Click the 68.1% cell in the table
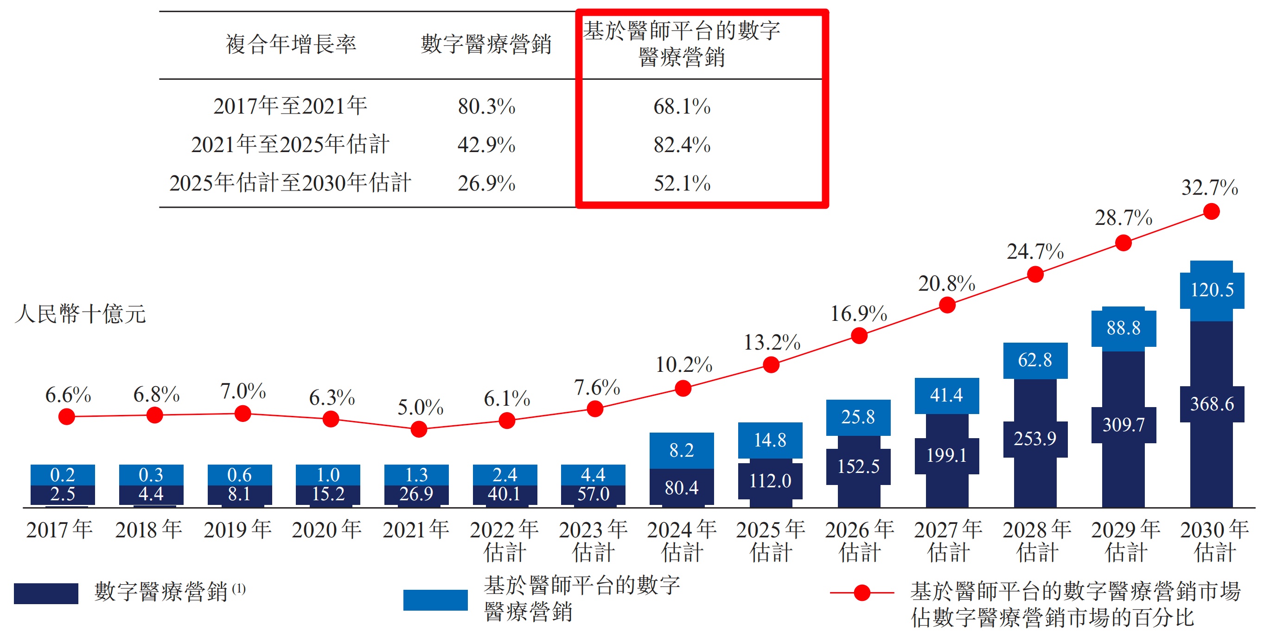coord(682,107)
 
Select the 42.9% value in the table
coord(486,145)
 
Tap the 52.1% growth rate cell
coord(682,184)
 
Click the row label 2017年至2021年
coord(290,106)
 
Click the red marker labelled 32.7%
coord(1212,212)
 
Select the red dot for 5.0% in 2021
coord(419,429)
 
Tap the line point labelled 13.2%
coord(771,364)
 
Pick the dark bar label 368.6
coord(1212,404)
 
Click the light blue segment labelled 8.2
coord(682,450)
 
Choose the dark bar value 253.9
coord(1035,438)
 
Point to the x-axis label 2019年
coord(238,530)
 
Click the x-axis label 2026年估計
coord(859,541)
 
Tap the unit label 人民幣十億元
coord(81,314)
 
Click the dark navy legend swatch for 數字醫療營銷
coord(46,593)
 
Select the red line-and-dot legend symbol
coord(862,593)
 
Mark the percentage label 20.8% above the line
coord(946,284)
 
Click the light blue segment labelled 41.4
coord(946,395)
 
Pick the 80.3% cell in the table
coord(486,107)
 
